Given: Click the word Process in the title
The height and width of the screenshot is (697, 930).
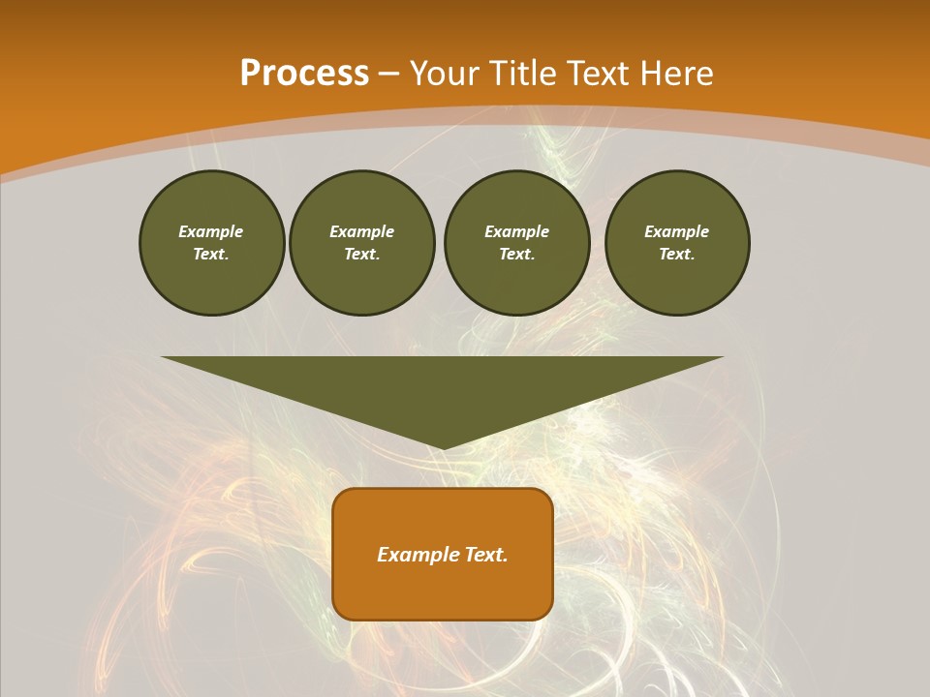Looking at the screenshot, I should coord(304,74).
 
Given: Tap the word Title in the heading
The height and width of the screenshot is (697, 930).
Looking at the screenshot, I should coord(518,74).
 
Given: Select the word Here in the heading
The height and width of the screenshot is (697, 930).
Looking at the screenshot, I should coord(676,74).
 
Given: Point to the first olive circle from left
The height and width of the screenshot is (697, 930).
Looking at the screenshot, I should coord(211,243).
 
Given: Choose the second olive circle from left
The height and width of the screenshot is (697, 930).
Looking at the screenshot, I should coord(362,243).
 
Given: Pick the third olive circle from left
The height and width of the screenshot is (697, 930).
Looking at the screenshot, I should coord(517,243).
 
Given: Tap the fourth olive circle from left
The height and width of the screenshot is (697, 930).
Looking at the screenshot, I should coord(677,243).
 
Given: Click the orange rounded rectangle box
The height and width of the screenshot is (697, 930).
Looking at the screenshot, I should coord(443,554).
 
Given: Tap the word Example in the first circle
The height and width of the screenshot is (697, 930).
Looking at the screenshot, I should coord(211,231).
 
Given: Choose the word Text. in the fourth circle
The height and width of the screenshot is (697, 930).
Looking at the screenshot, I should coord(677,255).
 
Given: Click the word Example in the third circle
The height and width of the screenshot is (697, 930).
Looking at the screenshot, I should coord(517,231).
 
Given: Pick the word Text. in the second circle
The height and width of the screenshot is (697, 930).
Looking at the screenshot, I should coord(362,255).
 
